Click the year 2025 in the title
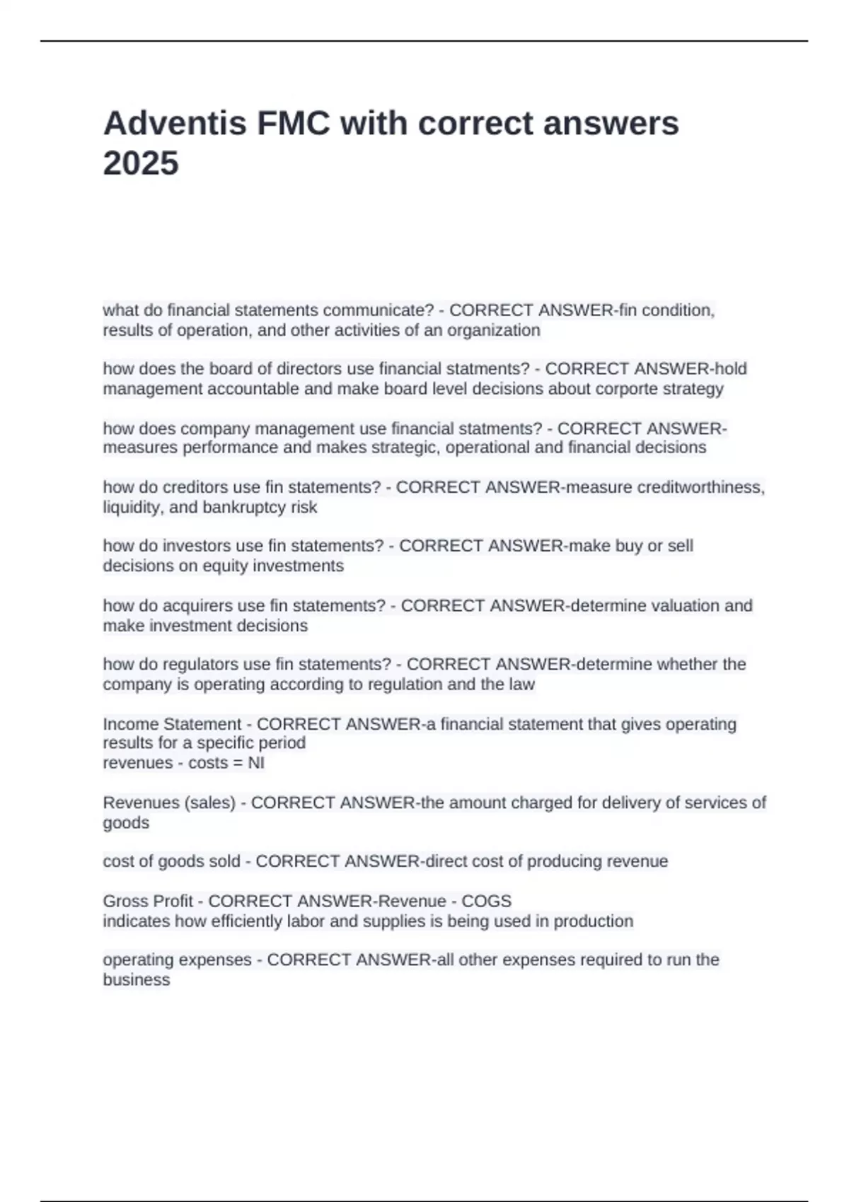tap(141, 163)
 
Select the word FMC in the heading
tap(294, 124)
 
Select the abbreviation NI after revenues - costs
tap(256, 763)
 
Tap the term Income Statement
tap(172, 724)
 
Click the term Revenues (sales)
tap(169, 803)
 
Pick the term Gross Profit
tap(148, 901)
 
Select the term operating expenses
tap(177, 960)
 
